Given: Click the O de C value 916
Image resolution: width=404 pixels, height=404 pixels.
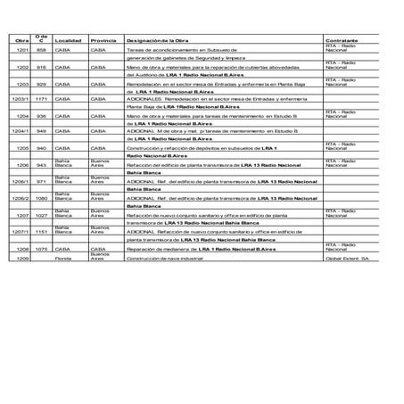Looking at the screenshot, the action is [x=41, y=67].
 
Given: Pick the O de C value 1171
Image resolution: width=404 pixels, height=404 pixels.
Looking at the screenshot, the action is [x=41, y=99].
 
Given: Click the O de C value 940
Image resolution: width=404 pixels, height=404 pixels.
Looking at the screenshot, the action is [x=41, y=147].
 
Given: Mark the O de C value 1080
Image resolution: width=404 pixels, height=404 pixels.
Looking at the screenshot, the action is [x=41, y=198].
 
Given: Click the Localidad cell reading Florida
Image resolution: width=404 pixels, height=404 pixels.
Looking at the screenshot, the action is [x=62, y=258].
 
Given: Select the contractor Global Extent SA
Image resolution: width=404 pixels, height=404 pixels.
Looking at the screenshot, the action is [x=346, y=258].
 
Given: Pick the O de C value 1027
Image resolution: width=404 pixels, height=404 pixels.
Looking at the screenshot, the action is [x=41, y=215].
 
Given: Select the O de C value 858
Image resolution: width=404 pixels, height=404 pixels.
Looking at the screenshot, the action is [x=41, y=51].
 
